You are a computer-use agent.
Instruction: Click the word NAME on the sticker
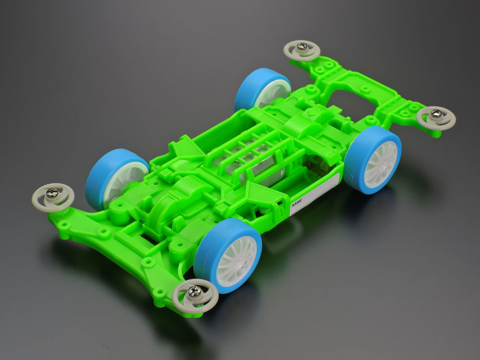point(297,203)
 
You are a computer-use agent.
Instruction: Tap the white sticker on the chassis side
point(314,195)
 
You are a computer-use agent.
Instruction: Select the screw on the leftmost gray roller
point(52,192)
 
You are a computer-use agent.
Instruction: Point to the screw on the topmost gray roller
point(302,46)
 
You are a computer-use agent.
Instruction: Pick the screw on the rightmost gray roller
point(436,113)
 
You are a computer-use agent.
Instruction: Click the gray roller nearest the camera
point(195,296)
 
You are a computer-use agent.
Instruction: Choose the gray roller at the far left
point(53,197)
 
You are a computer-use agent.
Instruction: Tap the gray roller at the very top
point(302,50)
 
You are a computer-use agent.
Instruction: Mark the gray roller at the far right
point(436,118)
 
